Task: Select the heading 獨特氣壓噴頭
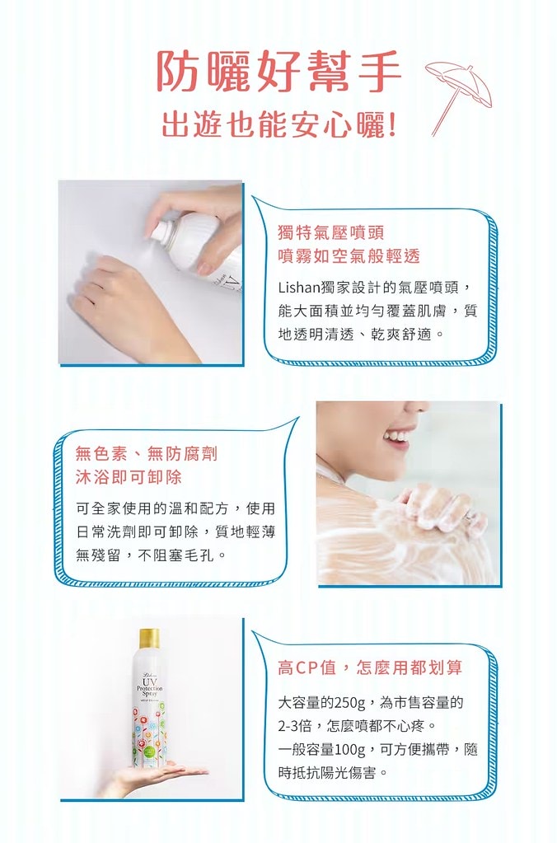331,233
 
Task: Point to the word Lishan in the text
299,287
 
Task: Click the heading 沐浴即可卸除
129,477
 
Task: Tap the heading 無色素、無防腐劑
147,453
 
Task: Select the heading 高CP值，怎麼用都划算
369,667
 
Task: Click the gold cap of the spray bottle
149,638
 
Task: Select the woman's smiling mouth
396,435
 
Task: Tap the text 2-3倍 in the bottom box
297,726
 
